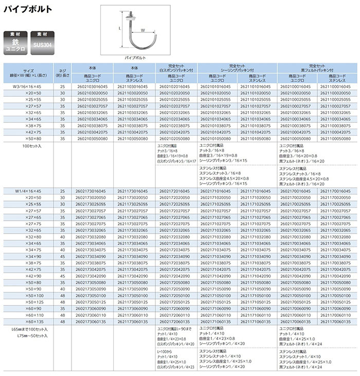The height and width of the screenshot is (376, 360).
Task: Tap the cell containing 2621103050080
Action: coord(134,138)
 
